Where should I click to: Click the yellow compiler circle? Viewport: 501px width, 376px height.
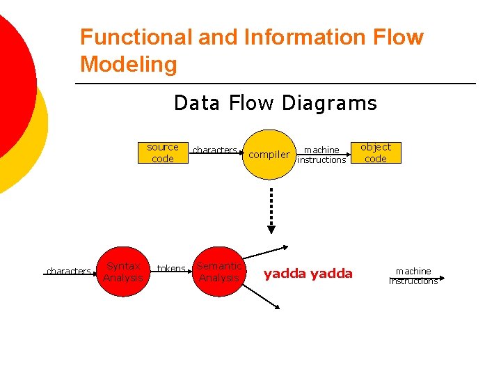coord(269,154)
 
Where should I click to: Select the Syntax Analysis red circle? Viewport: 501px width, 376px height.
coord(123,272)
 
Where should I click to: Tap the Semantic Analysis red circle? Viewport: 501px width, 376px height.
coord(219,272)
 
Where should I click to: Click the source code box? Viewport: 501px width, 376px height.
coord(162,153)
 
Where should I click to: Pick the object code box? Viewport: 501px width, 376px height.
coord(376,153)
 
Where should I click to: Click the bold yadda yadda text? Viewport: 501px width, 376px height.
coord(308,274)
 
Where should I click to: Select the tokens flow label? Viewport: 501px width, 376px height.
coord(171,269)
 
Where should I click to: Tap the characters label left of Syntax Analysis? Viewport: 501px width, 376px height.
coord(68,271)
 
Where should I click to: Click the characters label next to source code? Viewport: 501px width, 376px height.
coord(214,150)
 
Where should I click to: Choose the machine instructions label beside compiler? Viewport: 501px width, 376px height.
coord(321,155)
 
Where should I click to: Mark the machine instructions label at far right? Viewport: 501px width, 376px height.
coord(413,276)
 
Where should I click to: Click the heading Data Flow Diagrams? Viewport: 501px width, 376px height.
coord(275,104)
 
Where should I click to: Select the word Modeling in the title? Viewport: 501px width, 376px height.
coord(129,65)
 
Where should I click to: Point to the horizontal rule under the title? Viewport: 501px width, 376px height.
coord(275,84)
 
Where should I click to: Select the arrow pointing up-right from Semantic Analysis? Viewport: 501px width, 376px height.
coord(269,251)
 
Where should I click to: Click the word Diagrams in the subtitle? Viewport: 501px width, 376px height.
coord(330,104)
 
